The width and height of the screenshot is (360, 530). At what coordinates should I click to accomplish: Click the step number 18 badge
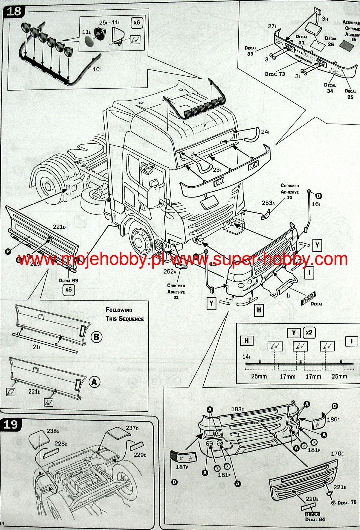(x=14, y=12)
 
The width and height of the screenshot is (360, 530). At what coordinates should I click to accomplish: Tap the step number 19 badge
(x=11, y=424)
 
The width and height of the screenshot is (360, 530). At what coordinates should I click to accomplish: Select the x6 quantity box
(x=137, y=23)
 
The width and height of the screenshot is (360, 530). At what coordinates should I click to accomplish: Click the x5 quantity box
(x=69, y=290)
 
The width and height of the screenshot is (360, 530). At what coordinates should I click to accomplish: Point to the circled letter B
(x=96, y=337)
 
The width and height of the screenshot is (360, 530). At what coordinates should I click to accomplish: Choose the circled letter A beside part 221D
(x=94, y=382)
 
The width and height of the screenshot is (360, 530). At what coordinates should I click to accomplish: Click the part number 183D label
(x=238, y=409)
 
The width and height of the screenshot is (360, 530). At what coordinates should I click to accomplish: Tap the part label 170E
(x=337, y=454)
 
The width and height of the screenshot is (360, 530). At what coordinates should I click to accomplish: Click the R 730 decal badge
(x=312, y=514)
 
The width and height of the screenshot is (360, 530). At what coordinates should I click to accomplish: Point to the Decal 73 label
(x=275, y=74)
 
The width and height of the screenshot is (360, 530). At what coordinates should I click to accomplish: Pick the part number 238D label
(x=53, y=431)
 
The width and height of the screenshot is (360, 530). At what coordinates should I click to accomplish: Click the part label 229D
(x=140, y=455)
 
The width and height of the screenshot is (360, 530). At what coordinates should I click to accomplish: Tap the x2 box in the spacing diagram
(x=309, y=332)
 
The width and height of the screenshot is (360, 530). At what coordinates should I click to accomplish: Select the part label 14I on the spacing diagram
(x=246, y=356)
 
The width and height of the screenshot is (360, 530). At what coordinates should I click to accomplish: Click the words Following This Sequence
(x=124, y=314)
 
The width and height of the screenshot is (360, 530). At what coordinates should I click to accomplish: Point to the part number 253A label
(x=268, y=203)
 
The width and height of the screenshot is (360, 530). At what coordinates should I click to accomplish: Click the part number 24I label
(x=265, y=132)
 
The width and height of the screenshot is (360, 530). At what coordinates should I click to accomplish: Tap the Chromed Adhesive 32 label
(x=289, y=192)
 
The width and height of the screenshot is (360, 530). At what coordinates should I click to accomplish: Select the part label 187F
(x=182, y=467)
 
